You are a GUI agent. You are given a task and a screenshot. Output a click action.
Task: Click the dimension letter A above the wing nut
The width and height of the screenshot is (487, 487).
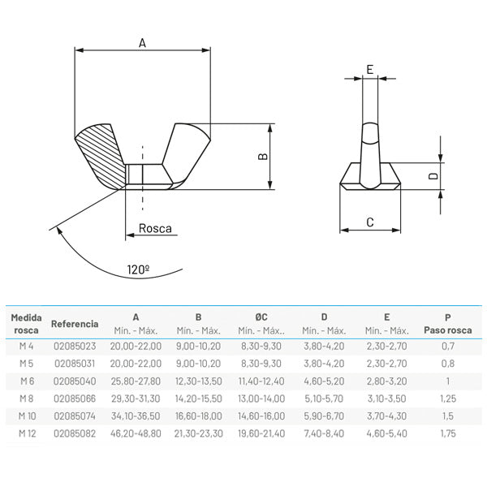coord(141,43)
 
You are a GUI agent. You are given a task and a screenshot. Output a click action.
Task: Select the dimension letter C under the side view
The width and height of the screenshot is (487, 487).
coord(369,221)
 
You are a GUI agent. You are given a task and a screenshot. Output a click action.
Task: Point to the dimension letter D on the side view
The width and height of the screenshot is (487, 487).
coord(433,175)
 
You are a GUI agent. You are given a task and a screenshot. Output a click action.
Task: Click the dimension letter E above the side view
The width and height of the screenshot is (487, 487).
coord(369,70)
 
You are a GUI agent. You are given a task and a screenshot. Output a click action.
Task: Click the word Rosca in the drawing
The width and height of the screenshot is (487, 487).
coord(155,229)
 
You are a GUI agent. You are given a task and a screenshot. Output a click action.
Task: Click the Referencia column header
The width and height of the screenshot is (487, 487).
coord(75,323)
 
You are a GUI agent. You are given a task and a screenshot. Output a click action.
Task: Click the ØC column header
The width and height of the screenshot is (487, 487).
coord(261,317)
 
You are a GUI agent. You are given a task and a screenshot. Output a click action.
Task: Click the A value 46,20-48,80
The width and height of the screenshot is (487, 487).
coord(136,433)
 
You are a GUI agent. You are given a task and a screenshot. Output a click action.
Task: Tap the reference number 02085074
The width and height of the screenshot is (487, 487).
coord(75,416)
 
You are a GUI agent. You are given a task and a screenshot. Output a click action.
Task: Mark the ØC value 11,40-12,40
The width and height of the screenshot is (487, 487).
coord(261,380)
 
